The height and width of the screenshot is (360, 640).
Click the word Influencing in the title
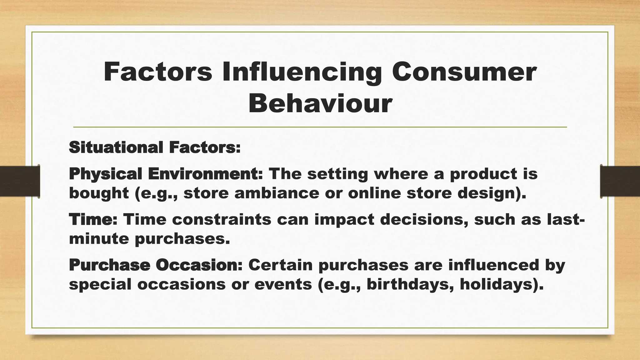[302, 72]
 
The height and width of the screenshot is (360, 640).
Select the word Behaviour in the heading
[320, 104]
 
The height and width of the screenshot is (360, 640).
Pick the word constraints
[222, 219]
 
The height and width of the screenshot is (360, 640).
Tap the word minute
[99, 239]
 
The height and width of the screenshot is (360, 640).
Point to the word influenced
[494, 265]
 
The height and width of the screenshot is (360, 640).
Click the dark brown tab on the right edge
[620, 181]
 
